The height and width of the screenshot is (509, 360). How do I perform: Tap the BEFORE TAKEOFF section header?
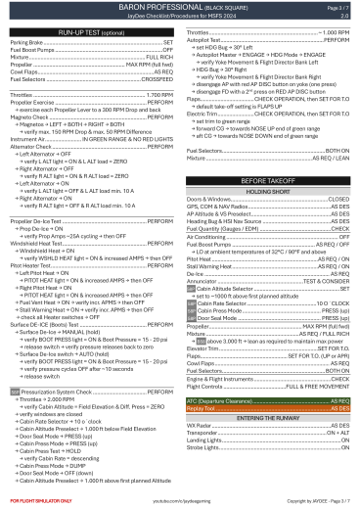pos(269,155)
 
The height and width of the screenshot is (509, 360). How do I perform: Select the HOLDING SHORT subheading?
pos(269,165)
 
